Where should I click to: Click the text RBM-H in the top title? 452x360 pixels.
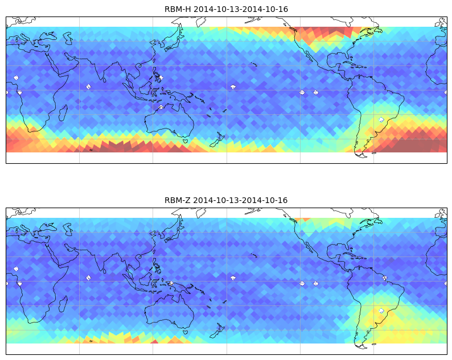[x=178, y=9]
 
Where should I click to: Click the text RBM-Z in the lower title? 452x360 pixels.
[x=177, y=200]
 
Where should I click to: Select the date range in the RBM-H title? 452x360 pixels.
[x=241, y=9]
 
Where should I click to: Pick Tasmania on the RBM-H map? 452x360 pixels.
[x=185, y=141]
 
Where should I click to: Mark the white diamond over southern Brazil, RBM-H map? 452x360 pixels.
[x=381, y=119]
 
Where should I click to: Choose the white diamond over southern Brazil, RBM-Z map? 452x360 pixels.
[x=381, y=311]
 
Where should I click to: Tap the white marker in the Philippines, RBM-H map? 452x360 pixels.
[x=161, y=77]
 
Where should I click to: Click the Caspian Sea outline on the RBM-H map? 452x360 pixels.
[x=68, y=38]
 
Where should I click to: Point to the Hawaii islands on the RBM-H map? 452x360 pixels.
[x=254, y=64]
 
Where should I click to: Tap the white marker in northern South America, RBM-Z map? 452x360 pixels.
[x=385, y=278]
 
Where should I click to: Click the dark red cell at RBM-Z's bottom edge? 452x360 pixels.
[x=154, y=342]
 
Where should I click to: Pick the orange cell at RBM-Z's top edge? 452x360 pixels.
[x=305, y=220]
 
